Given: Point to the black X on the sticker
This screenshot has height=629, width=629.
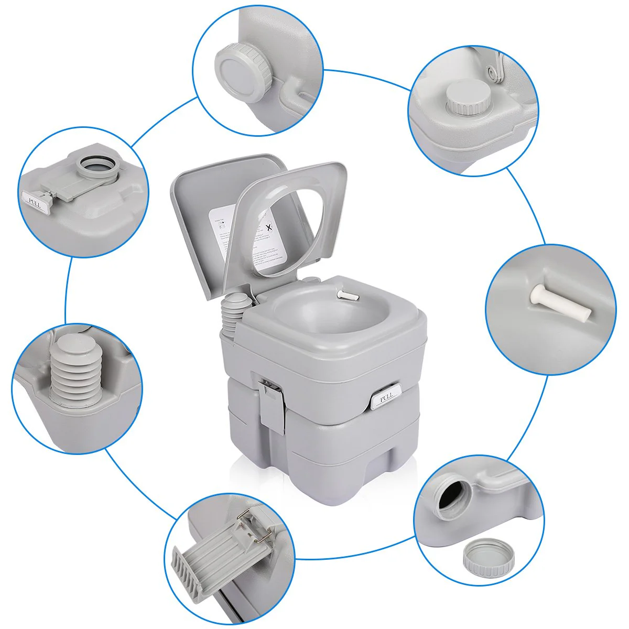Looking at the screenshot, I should [x=269, y=227].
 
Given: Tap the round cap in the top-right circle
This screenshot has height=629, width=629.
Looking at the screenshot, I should [x=469, y=100].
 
